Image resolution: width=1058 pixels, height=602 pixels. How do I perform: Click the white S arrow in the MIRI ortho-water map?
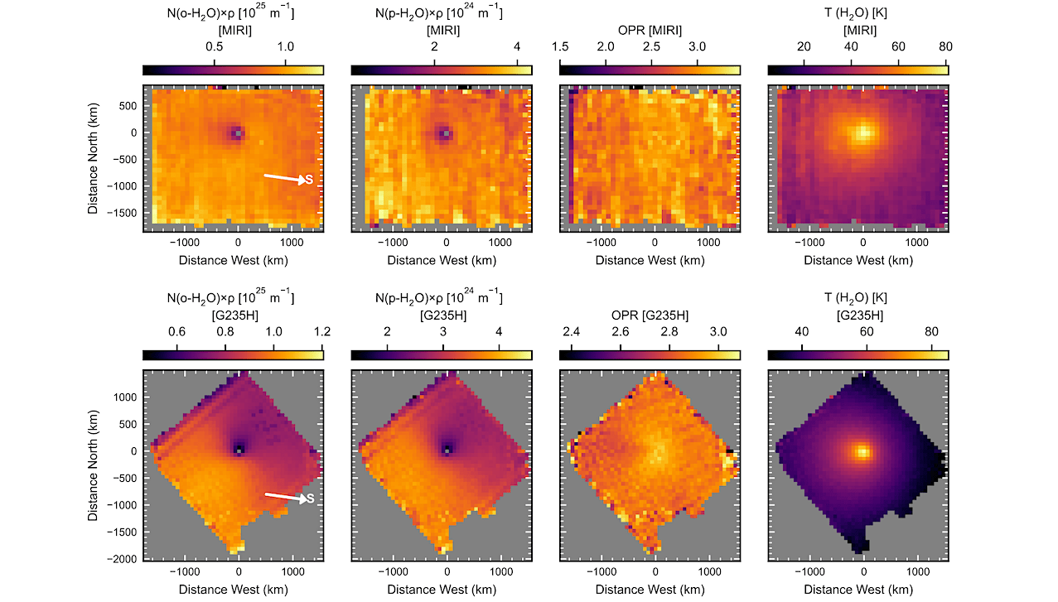[285, 178]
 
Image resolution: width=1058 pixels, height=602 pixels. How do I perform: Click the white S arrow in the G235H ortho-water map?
[286, 497]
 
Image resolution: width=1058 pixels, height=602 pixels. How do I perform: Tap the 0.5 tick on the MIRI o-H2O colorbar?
[215, 62]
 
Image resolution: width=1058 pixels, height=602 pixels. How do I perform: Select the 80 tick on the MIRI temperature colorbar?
[945, 62]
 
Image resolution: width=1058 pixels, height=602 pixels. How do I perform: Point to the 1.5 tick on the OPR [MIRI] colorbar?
[560, 62]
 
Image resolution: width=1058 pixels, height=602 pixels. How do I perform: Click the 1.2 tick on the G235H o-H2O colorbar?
[322, 348]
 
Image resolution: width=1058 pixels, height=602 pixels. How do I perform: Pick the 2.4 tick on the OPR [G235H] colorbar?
[572, 348]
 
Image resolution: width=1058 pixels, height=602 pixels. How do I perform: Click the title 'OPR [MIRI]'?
[650, 31]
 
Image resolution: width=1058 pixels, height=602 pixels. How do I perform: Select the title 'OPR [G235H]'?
[650, 315]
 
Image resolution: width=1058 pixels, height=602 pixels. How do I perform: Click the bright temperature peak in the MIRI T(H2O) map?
[863, 132]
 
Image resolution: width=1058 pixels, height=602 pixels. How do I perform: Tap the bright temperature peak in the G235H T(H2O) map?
[863, 452]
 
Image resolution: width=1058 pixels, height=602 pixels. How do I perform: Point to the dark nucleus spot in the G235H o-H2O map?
[239, 450]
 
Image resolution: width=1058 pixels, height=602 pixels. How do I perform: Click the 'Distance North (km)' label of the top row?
[93, 159]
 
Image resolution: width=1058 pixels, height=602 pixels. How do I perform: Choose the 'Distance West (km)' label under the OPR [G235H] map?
[650, 590]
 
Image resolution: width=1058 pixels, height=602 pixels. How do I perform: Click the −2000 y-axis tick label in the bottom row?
[122, 559]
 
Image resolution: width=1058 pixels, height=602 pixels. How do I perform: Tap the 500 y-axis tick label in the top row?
[128, 106]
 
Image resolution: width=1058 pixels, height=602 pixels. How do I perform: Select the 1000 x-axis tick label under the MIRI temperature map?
[917, 243]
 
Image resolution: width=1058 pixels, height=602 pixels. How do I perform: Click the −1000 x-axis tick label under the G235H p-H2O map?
[393, 572]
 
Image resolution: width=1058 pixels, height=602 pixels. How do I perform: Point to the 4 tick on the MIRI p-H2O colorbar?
[517, 62]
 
